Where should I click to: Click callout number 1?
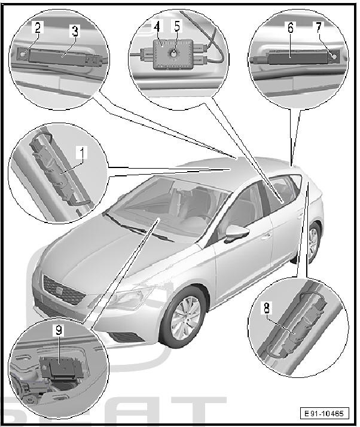coord(81,152)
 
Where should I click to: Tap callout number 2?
coord(38,27)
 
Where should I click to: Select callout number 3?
coord(75,31)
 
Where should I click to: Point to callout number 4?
coord(157,26)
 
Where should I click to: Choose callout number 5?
coord(177,26)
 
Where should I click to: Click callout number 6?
coord(291,28)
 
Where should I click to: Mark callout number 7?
coord(318,27)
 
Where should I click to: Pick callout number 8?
coord(267,308)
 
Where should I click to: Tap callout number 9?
coord(58,330)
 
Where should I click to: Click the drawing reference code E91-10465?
coord(324,413)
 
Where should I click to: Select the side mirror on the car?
coord(236,232)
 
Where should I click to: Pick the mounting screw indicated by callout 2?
coord(22,54)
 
